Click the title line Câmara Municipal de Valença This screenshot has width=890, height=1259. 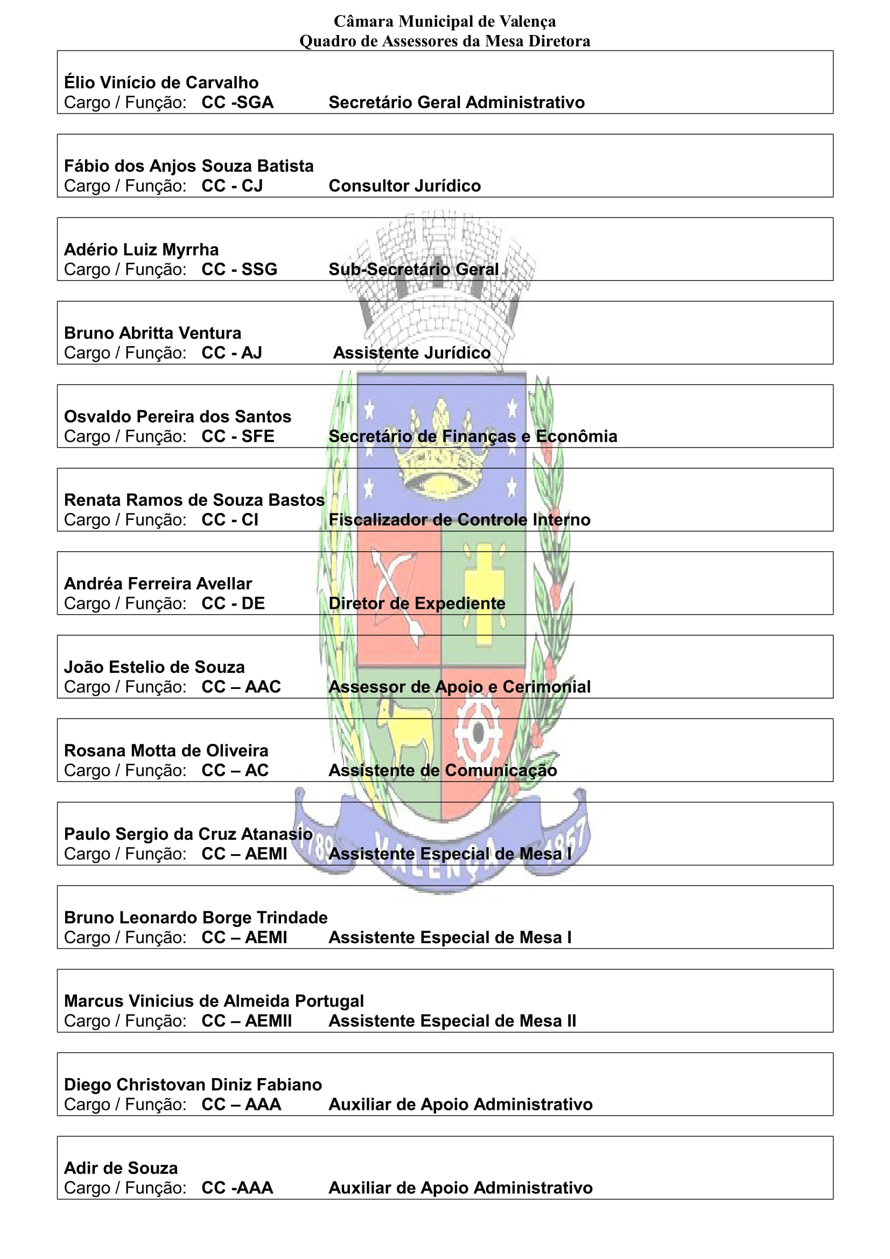coord(445,22)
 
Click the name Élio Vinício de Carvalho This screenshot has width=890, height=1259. coord(161,82)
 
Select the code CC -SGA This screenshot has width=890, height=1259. coord(237,103)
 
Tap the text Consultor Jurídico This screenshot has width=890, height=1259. coord(405,186)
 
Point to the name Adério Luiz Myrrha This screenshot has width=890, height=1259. coord(142,250)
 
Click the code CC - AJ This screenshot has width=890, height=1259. coord(232,353)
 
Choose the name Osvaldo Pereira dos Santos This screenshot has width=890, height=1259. coord(178,416)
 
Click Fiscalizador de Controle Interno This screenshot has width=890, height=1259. coord(459,519)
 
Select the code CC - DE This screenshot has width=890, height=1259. coord(233,603)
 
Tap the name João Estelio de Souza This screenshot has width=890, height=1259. coord(155,667)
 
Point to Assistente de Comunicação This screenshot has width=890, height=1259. coord(443,770)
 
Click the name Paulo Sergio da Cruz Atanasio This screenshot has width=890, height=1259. coord(188,833)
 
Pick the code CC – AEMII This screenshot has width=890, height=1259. coord(247,1021)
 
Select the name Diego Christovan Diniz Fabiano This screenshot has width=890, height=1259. coord(193,1084)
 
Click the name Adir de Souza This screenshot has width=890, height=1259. coord(121,1167)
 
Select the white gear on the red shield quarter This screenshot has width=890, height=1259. coord(478,732)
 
